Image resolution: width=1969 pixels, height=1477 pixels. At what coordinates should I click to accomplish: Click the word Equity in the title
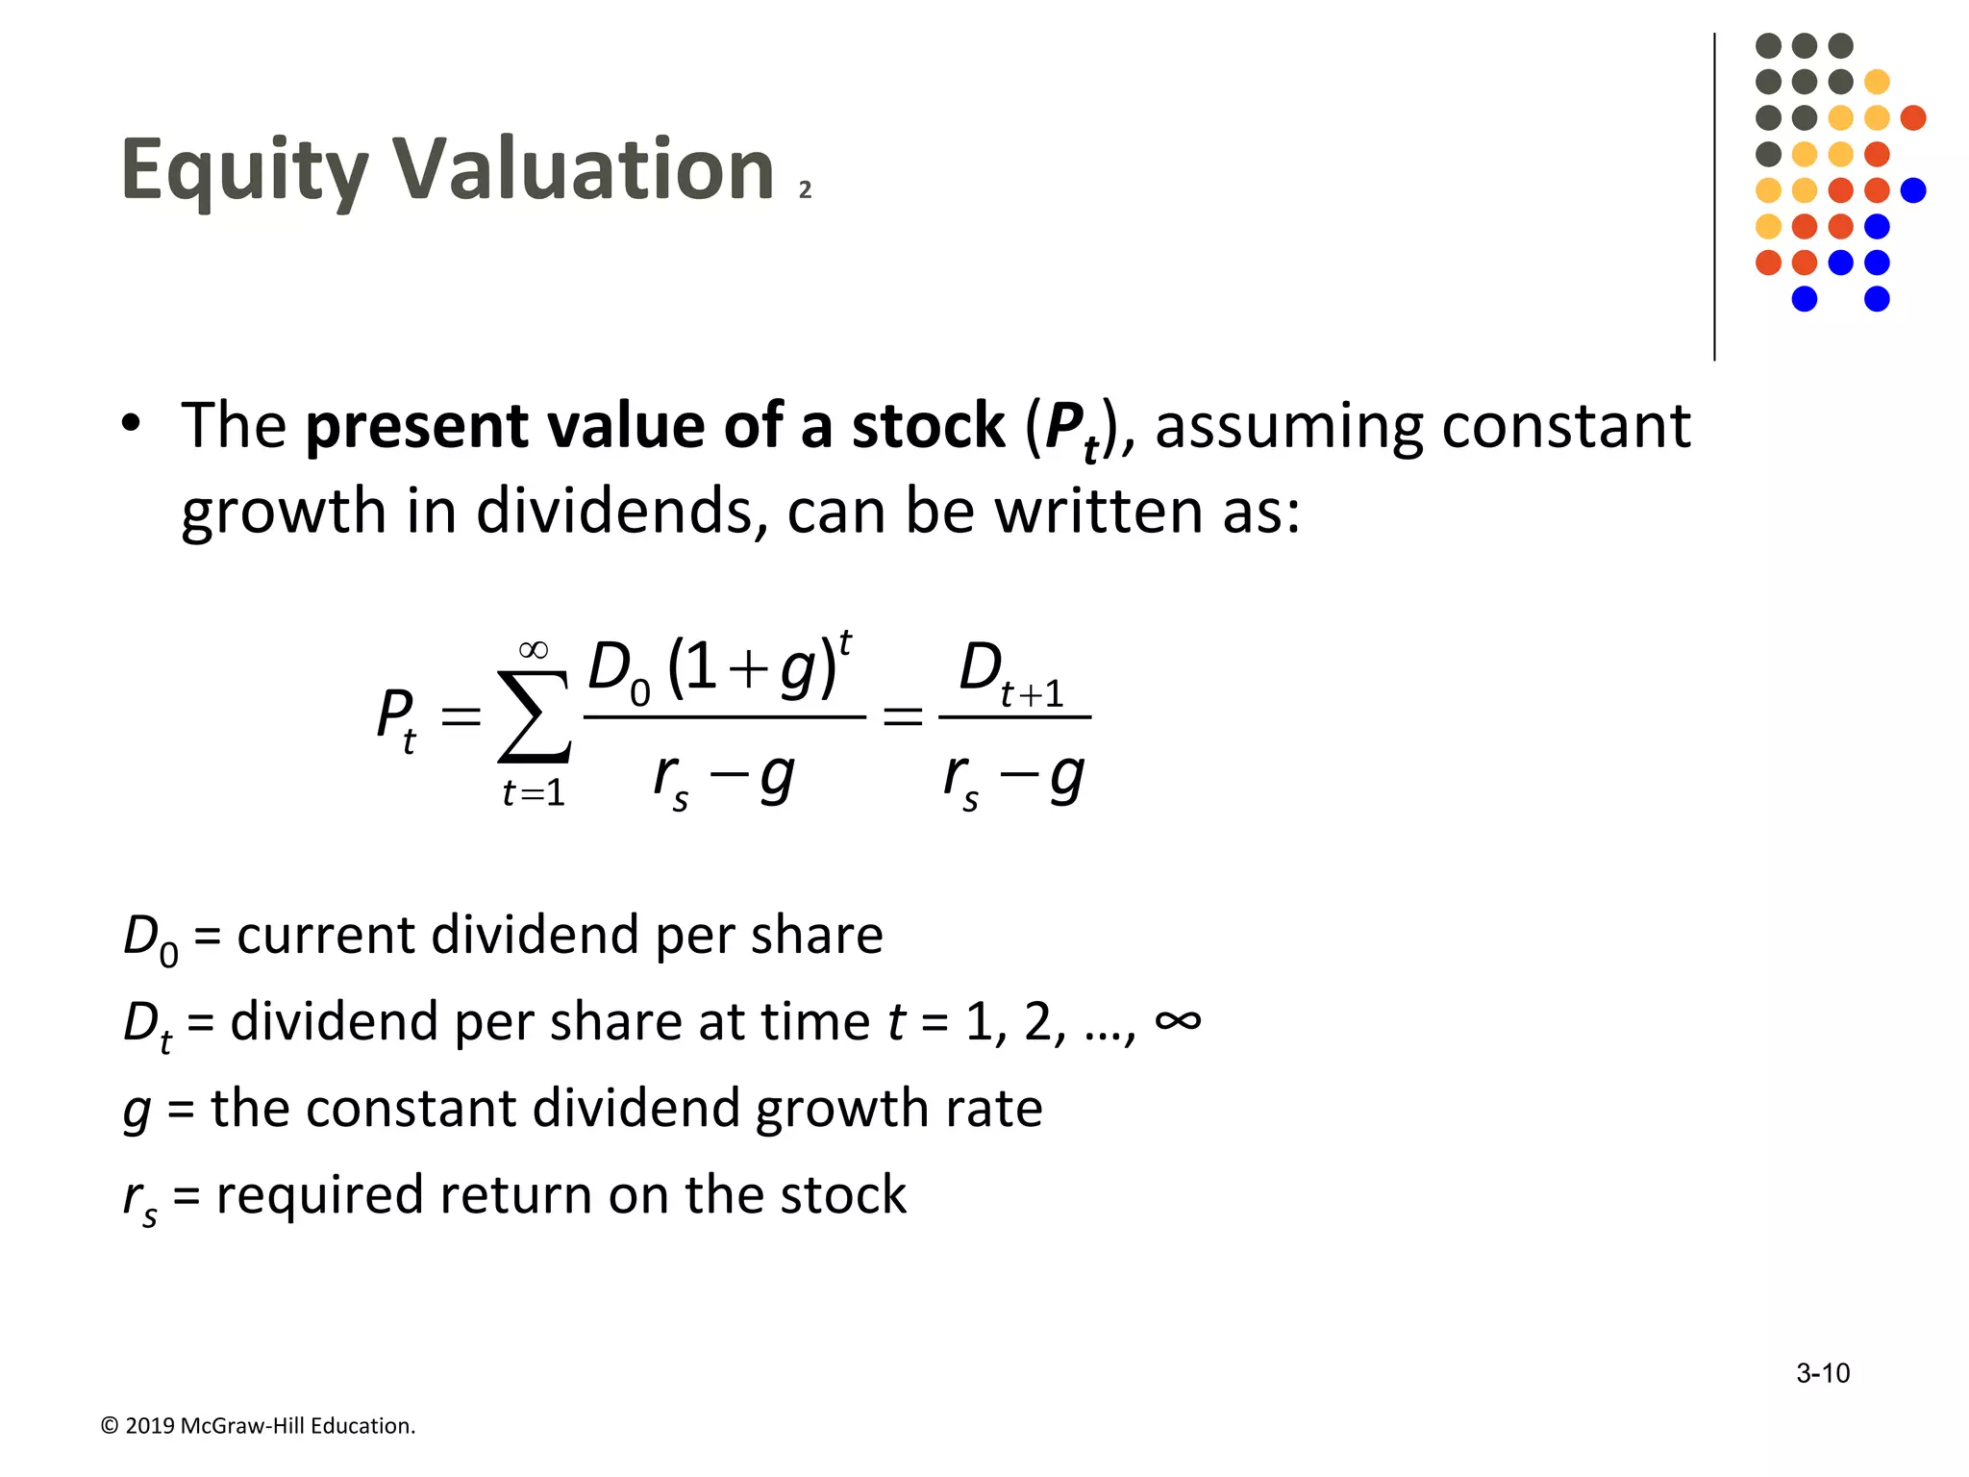click(244, 171)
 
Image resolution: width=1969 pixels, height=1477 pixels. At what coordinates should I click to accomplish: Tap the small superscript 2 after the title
click(805, 190)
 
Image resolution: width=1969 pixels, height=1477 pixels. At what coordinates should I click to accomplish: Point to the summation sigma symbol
click(535, 715)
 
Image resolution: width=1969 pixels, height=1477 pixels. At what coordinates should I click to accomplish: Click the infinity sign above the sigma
click(534, 651)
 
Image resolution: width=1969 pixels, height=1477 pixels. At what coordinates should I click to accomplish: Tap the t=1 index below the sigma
click(534, 793)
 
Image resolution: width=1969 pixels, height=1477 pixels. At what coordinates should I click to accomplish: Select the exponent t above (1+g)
click(845, 642)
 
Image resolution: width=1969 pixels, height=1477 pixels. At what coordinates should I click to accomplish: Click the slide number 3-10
click(1822, 1373)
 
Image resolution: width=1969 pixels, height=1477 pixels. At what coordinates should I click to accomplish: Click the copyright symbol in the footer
click(110, 1426)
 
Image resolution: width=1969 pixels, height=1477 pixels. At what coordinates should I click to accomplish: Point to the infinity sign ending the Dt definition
click(1178, 1020)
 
